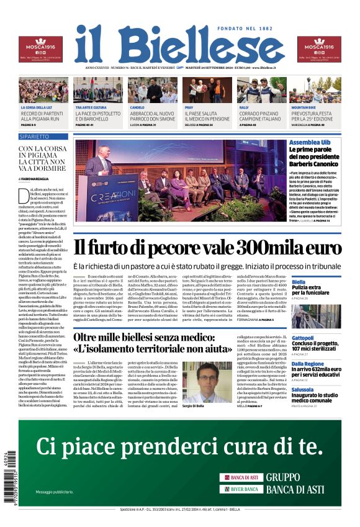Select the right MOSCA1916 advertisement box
tap(318, 49)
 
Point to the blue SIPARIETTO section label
tap(35, 136)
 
